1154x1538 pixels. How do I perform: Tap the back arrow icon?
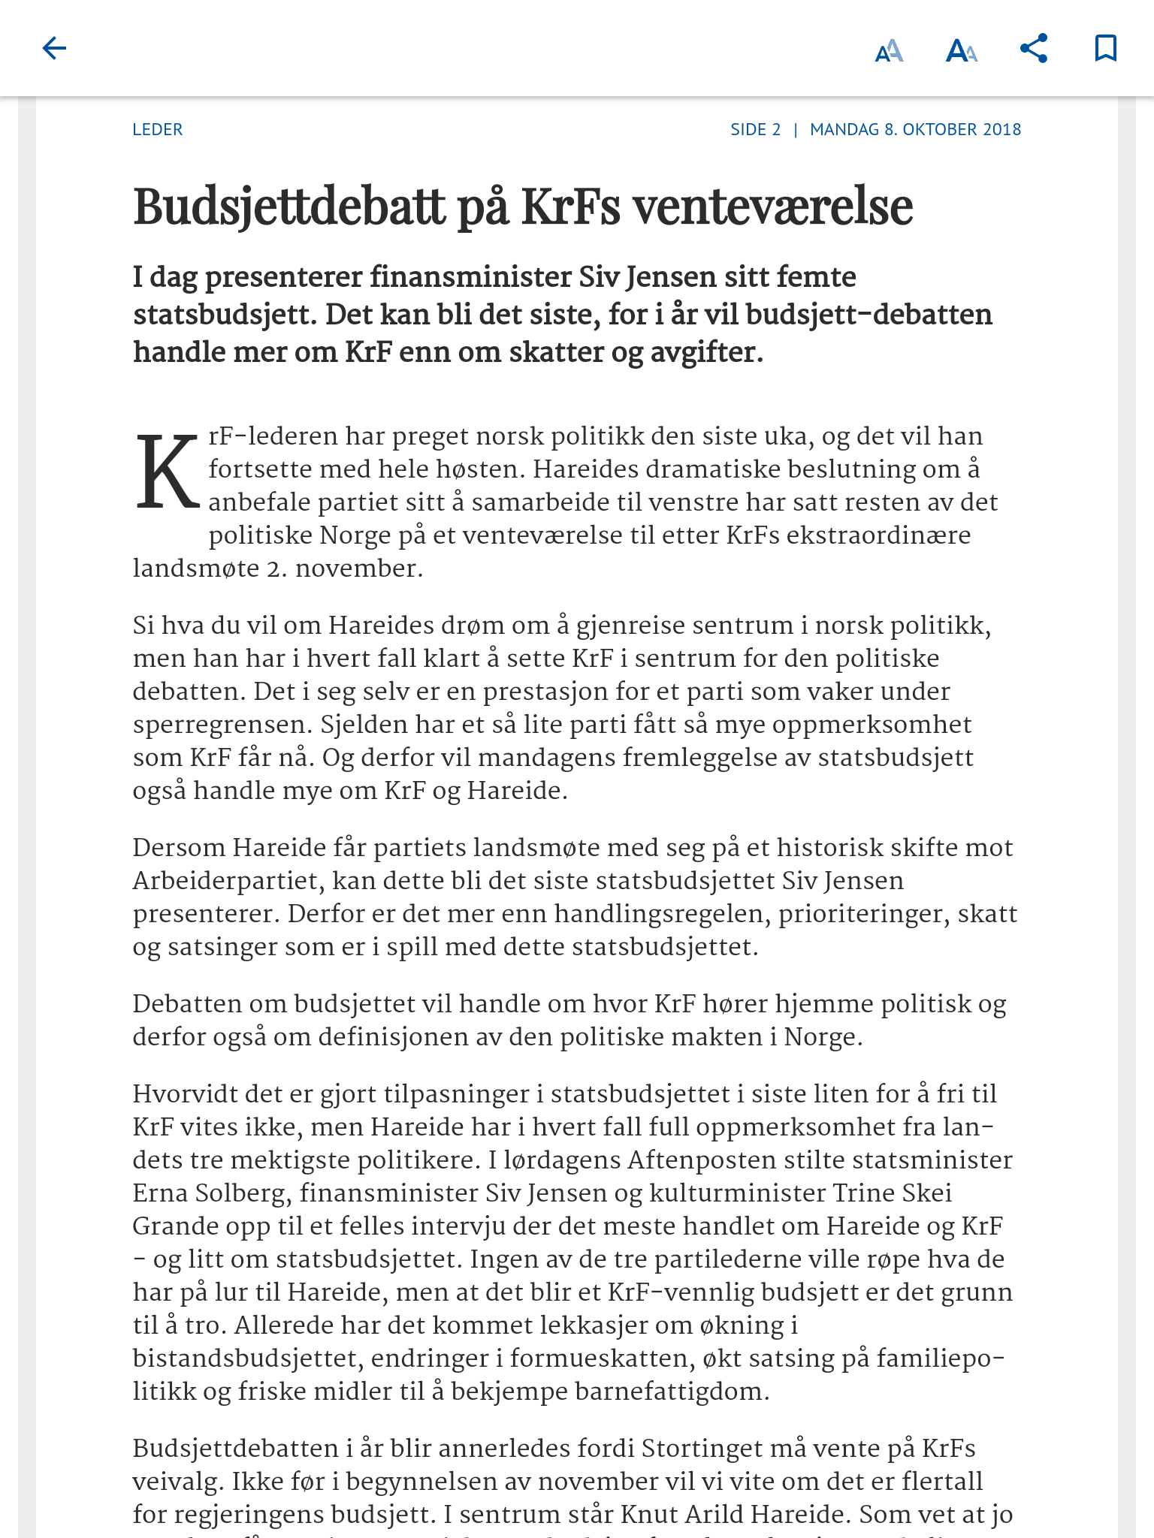(x=54, y=49)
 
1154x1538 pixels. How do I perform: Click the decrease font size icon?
(x=890, y=50)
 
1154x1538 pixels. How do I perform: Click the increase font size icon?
(x=962, y=50)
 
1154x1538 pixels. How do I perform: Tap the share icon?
(x=1034, y=49)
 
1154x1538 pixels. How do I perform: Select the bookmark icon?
(x=1105, y=49)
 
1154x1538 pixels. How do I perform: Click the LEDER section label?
(x=158, y=129)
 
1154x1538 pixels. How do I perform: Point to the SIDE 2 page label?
(x=756, y=129)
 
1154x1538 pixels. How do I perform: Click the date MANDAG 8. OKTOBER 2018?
(x=915, y=129)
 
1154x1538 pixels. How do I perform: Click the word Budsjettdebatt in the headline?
(x=289, y=206)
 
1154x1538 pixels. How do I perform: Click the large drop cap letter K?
(x=168, y=472)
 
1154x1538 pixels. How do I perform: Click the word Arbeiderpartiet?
(x=228, y=881)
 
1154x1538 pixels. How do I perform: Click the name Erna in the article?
(x=160, y=1193)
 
